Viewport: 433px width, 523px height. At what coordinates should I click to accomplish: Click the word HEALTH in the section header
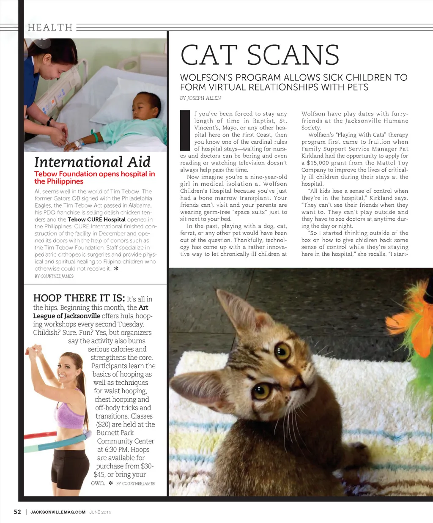(50, 27)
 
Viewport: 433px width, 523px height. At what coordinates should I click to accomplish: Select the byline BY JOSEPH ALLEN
(200, 98)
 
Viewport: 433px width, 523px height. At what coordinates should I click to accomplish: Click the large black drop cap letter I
(185, 130)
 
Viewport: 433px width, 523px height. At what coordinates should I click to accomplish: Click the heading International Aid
(92, 162)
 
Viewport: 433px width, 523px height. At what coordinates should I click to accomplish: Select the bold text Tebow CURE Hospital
(96, 219)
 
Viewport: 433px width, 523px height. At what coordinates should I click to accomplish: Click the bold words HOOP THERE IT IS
(79, 298)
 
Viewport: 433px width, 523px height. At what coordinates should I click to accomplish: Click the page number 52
(17, 512)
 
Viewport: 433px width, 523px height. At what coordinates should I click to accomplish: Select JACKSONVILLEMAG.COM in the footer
(58, 512)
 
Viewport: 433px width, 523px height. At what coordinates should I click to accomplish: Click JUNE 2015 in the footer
(100, 512)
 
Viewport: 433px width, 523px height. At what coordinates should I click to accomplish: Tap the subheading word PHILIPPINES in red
(59, 181)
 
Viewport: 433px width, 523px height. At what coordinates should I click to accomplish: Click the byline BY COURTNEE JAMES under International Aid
(54, 276)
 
